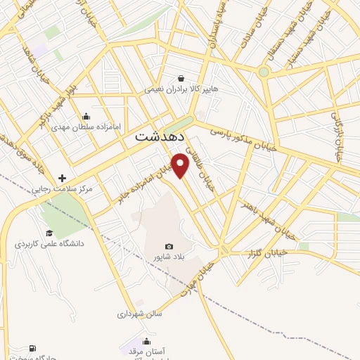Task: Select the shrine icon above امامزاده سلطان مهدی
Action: click(x=86, y=117)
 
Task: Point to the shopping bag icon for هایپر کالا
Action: click(x=182, y=79)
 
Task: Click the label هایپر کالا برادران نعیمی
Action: click(x=182, y=89)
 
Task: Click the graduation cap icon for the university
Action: click(x=49, y=233)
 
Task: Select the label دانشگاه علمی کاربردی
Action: click(x=49, y=244)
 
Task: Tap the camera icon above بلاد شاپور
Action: click(x=169, y=246)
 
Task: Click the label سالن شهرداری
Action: click(x=140, y=314)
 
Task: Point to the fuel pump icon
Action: click(x=32, y=348)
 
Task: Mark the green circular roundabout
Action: click(x=264, y=72)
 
